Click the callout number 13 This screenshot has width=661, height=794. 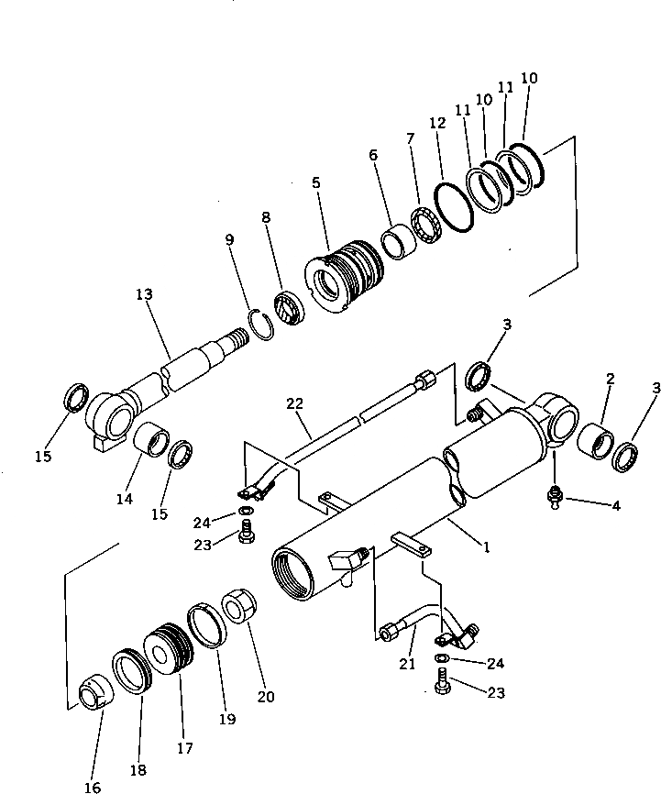coord(143,294)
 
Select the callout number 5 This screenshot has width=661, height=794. coord(315,183)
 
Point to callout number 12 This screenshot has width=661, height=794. coord(438,122)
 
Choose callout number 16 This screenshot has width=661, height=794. coord(93,786)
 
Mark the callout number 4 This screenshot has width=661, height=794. coord(616,505)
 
